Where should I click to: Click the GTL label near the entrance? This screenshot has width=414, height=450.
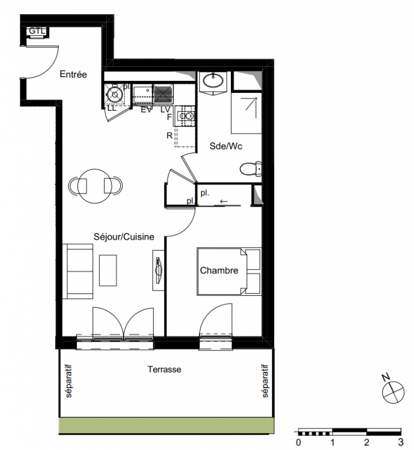(37, 31)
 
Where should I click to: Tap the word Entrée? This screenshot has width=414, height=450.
(73, 74)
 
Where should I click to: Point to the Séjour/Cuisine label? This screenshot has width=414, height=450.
(124, 237)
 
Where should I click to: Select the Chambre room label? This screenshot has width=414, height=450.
(219, 271)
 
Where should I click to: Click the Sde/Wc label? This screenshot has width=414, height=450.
(226, 146)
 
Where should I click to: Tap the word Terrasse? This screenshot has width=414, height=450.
(165, 369)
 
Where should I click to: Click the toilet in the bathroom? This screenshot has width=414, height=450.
(251, 169)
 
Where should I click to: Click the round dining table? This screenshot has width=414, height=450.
(94, 186)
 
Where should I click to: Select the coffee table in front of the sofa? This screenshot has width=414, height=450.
(108, 271)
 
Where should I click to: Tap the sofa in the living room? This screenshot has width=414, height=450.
(78, 272)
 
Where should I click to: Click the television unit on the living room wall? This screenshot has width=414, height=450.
(158, 271)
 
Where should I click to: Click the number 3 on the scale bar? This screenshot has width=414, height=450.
(401, 442)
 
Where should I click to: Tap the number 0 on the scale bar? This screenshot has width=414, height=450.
(298, 442)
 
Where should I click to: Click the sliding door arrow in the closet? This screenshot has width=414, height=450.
(224, 201)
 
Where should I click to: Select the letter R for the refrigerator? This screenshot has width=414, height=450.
(170, 135)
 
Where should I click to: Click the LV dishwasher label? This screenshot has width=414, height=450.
(165, 110)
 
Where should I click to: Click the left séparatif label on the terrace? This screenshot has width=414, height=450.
(69, 381)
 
